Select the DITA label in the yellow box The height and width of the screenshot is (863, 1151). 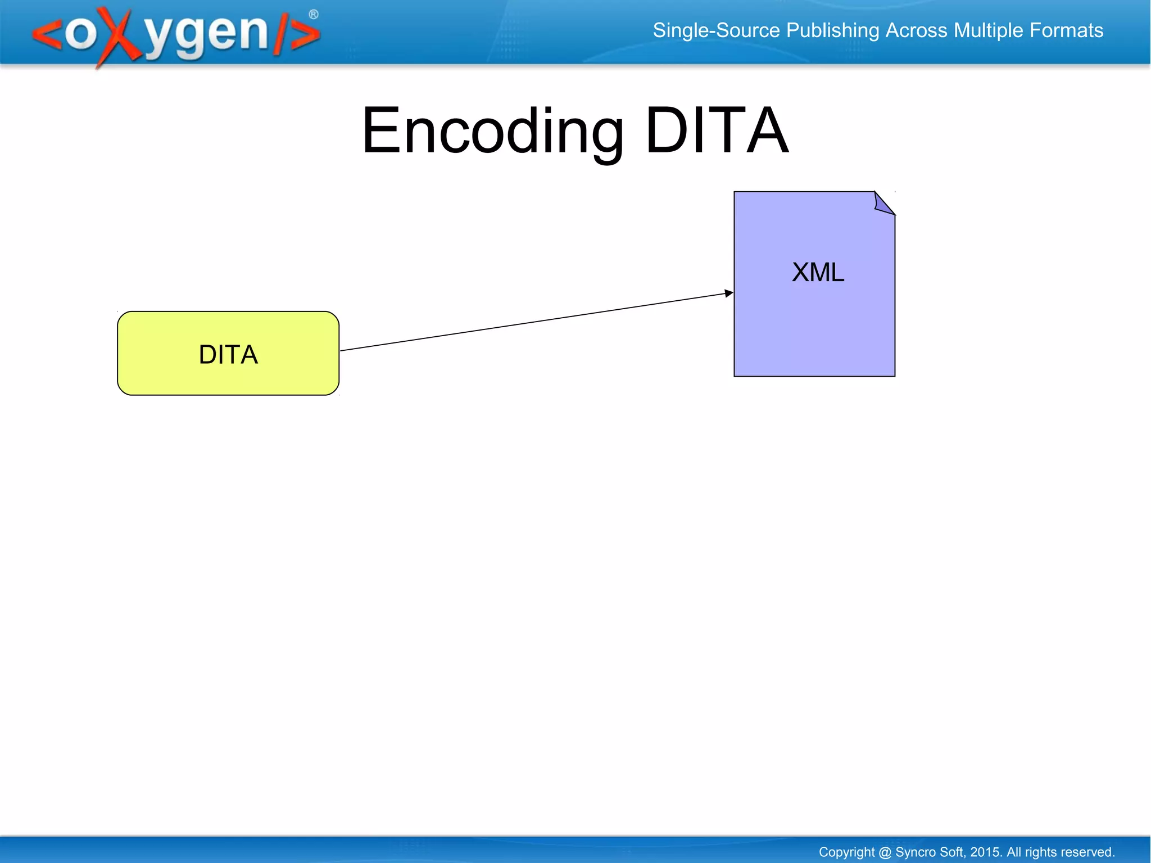click(x=228, y=355)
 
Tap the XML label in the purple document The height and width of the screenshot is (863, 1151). click(x=818, y=273)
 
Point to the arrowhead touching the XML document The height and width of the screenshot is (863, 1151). click(x=729, y=293)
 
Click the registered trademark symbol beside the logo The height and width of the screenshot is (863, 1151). click(x=314, y=15)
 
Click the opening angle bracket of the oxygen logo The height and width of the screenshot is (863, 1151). click(x=48, y=35)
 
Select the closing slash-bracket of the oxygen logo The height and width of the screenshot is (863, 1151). click(x=298, y=35)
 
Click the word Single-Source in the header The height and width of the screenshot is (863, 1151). click(x=716, y=30)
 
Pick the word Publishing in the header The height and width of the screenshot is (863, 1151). click(x=832, y=30)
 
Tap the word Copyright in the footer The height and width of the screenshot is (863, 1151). click(x=846, y=852)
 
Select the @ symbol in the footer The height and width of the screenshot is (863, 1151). click(x=885, y=852)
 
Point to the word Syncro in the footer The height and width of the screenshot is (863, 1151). click(x=915, y=852)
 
